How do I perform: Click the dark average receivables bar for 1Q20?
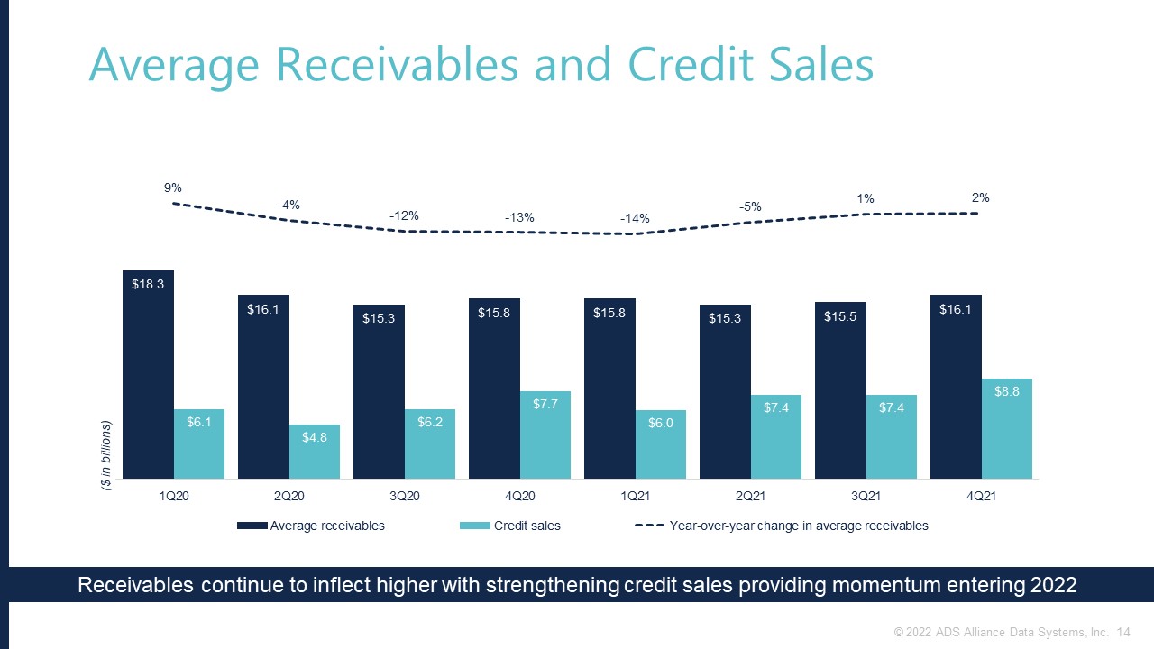pyautogui.click(x=148, y=374)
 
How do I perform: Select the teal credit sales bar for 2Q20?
pyautogui.click(x=315, y=452)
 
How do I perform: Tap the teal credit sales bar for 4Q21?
pyautogui.click(x=1007, y=428)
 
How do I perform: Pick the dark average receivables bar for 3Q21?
pyautogui.click(x=840, y=390)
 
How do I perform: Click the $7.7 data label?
pyautogui.click(x=545, y=405)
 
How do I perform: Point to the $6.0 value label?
pyautogui.click(x=661, y=424)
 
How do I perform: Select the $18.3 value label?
pyautogui.click(x=148, y=284)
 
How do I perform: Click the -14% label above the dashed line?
pyautogui.click(x=635, y=218)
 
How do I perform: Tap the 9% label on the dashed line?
pyautogui.click(x=172, y=187)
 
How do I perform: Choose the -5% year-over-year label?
pyautogui.click(x=750, y=206)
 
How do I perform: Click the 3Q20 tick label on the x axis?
pyautogui.click(x=404, y=496)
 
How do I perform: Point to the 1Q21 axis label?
pyautogui.click(x=635, y=496)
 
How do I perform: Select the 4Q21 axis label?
pyautogui.click(x=981, y=496)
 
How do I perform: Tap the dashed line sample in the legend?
pyautogui.click(x=650, y=526)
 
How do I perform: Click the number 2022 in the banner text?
pyautogui.click(x=1050, y=585)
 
